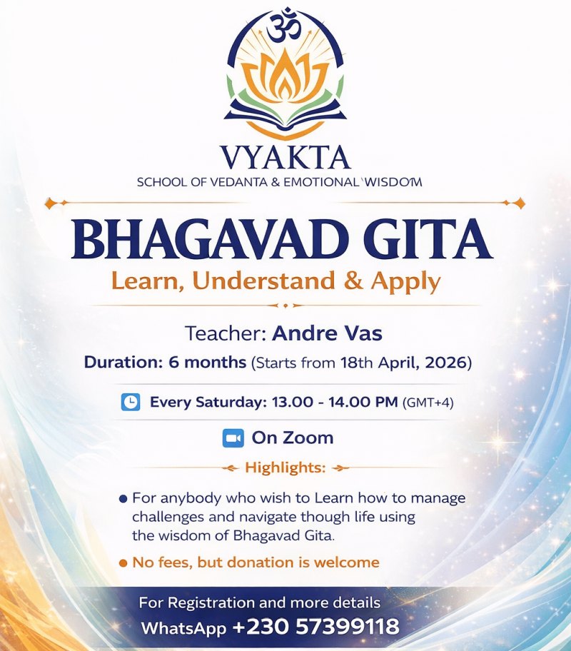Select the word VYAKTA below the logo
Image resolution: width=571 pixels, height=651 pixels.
coord(285,156)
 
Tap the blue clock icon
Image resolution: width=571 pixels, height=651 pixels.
coord(131,402)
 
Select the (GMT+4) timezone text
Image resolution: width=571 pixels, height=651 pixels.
coord(428,403)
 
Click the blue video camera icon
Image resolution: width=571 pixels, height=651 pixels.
coord(233,438)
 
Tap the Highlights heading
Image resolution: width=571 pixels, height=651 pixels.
coord(285,468)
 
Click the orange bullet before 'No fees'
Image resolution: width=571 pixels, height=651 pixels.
coord(123,562)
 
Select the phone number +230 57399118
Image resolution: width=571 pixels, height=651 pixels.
coord(315,627)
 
